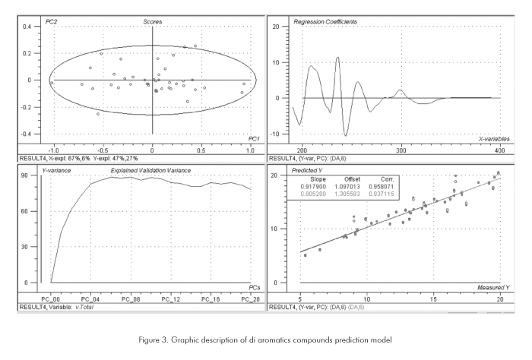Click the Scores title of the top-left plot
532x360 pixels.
point(152,21)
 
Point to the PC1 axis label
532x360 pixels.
point(254,138)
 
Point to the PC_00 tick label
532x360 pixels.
point(50,299)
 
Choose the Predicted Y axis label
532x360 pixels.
point(309,170)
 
